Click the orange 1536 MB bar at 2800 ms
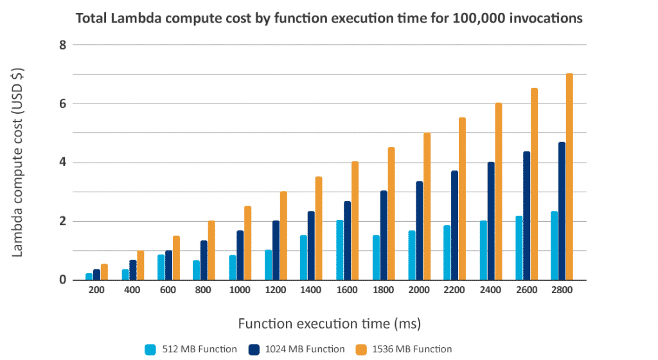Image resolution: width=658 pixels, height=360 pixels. coord(569,177)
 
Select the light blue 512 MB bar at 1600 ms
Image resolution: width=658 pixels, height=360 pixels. coord(340,250)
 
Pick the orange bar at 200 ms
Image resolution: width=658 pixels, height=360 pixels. coord(104,272)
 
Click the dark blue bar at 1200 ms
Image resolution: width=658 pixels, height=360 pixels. coord(276,250)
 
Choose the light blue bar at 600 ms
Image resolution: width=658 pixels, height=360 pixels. coord(161,267)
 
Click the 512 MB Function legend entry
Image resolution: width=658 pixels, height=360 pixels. coord(191,349)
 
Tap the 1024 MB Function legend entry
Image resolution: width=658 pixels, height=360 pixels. coord(299,349)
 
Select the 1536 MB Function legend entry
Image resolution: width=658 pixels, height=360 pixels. coord(407,349)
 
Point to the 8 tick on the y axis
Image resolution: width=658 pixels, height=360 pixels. coord(62,45)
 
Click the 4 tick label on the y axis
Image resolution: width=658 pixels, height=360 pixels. coord(62,163)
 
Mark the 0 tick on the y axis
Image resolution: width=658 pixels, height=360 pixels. coord(62,280)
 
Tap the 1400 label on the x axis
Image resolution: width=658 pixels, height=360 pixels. coord(312,291)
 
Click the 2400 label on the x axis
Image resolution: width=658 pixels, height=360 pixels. coord(490,291)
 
